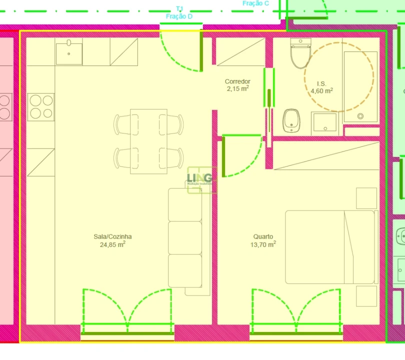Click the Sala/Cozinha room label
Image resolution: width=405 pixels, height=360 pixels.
[112, 236]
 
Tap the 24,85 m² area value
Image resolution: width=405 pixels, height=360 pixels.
[112, 244]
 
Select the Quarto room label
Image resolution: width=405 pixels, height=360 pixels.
[263, 236]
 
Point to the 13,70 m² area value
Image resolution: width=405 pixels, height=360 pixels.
[263, 244]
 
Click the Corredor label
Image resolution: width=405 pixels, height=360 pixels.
[237, 81]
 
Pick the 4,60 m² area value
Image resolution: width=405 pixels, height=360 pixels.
[321, 91]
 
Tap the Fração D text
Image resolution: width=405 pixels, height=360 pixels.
[179, 16]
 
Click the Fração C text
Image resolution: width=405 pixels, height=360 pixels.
[256, 3]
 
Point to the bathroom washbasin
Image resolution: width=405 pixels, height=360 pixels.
[324, 123]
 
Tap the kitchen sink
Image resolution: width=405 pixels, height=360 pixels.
[69, 53]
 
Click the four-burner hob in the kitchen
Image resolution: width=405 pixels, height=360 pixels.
[41, 106]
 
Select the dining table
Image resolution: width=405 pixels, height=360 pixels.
[148, 141]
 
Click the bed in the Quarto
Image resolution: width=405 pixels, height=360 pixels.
[330, 247]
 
